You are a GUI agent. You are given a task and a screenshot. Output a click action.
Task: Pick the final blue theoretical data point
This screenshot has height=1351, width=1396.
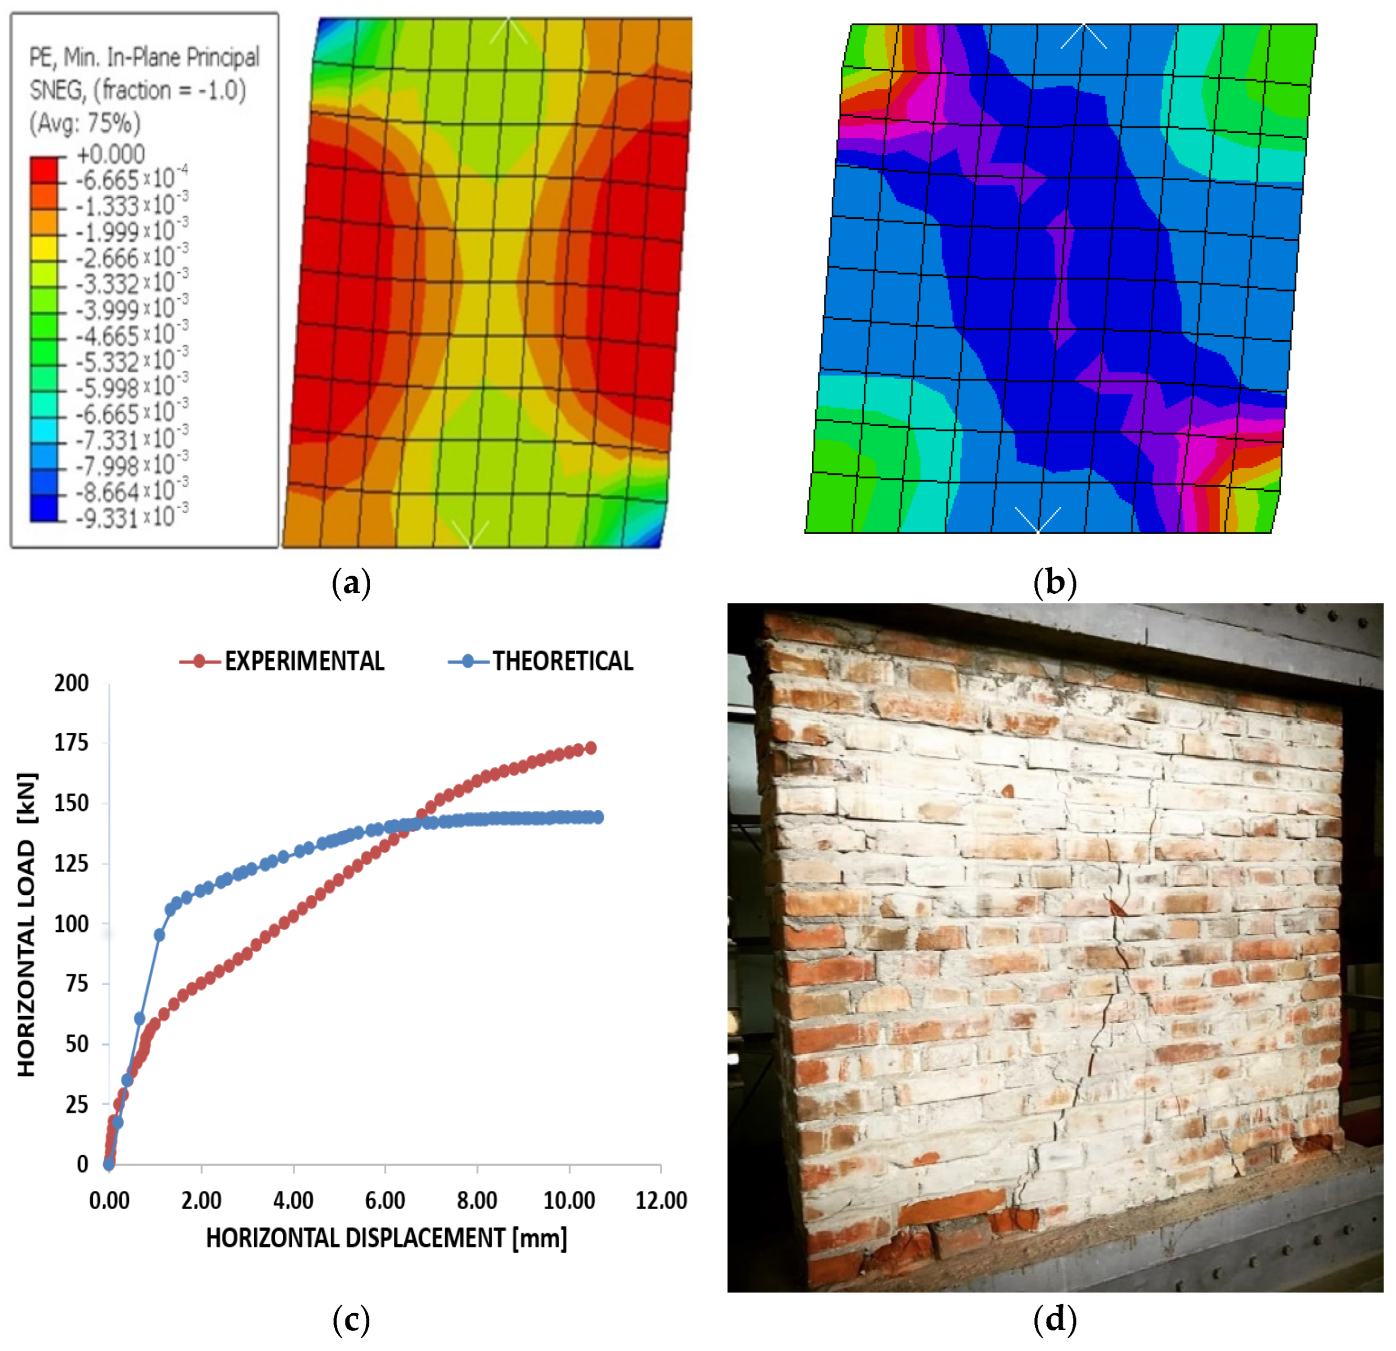pyautogui.click(x=598, y=817)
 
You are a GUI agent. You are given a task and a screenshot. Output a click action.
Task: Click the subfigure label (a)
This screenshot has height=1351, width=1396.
pyautogui.click(x=352, y=583)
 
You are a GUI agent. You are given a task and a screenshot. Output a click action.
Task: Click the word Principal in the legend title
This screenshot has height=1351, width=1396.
pyautogui.click(x=223, y=57)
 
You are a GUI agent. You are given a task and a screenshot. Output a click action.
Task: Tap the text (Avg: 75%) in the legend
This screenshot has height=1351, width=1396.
pyautogui.click(x=85, y=123)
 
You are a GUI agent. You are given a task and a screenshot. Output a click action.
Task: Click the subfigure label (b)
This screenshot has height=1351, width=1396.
pyautogui.click(x=1054, y=583)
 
